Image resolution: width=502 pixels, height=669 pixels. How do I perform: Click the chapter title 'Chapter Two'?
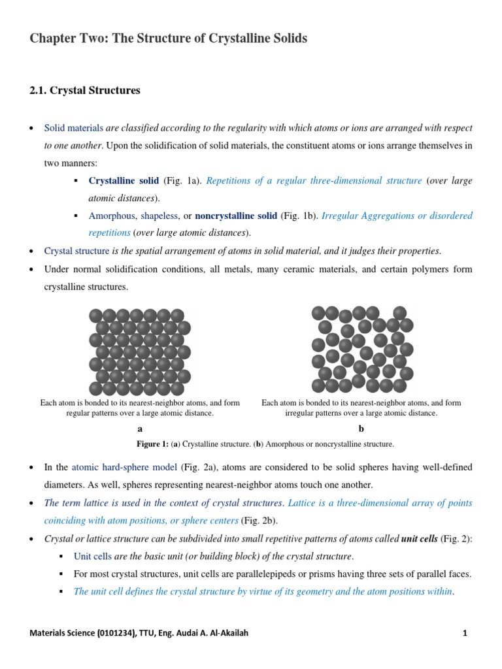(69, 39)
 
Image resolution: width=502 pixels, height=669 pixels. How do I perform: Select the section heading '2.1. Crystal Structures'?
(85, 91)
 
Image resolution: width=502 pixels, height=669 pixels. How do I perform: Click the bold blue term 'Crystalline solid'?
(124, 180)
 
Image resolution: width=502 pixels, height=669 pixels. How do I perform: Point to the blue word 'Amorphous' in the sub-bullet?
(112, 216)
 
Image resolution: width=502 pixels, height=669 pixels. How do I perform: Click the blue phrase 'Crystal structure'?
(76, 251)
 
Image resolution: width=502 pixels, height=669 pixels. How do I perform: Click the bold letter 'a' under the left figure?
(140, 429)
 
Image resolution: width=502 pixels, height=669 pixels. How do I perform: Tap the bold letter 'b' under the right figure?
(361, 429)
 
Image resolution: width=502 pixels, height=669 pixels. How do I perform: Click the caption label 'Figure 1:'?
(152, 444)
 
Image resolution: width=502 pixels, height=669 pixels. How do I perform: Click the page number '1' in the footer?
(464, 633)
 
